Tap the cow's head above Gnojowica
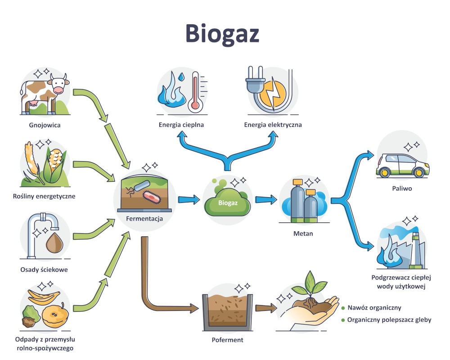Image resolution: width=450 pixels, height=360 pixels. pos(58,85)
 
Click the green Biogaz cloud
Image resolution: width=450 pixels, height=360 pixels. pos(227,203)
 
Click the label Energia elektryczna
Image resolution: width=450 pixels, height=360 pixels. pos(273,125)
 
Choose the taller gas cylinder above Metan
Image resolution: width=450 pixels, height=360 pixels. pos(297,200)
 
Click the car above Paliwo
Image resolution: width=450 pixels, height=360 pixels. pos(402,165)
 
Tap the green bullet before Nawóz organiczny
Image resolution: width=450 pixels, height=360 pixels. pos(343,308)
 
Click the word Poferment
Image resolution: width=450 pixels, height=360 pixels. pos(227,340)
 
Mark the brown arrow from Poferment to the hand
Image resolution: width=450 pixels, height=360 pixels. pos(266,308)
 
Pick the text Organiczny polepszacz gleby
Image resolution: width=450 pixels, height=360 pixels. pos(389,320)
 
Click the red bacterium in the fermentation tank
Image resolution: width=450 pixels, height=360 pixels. pos(152,195)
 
